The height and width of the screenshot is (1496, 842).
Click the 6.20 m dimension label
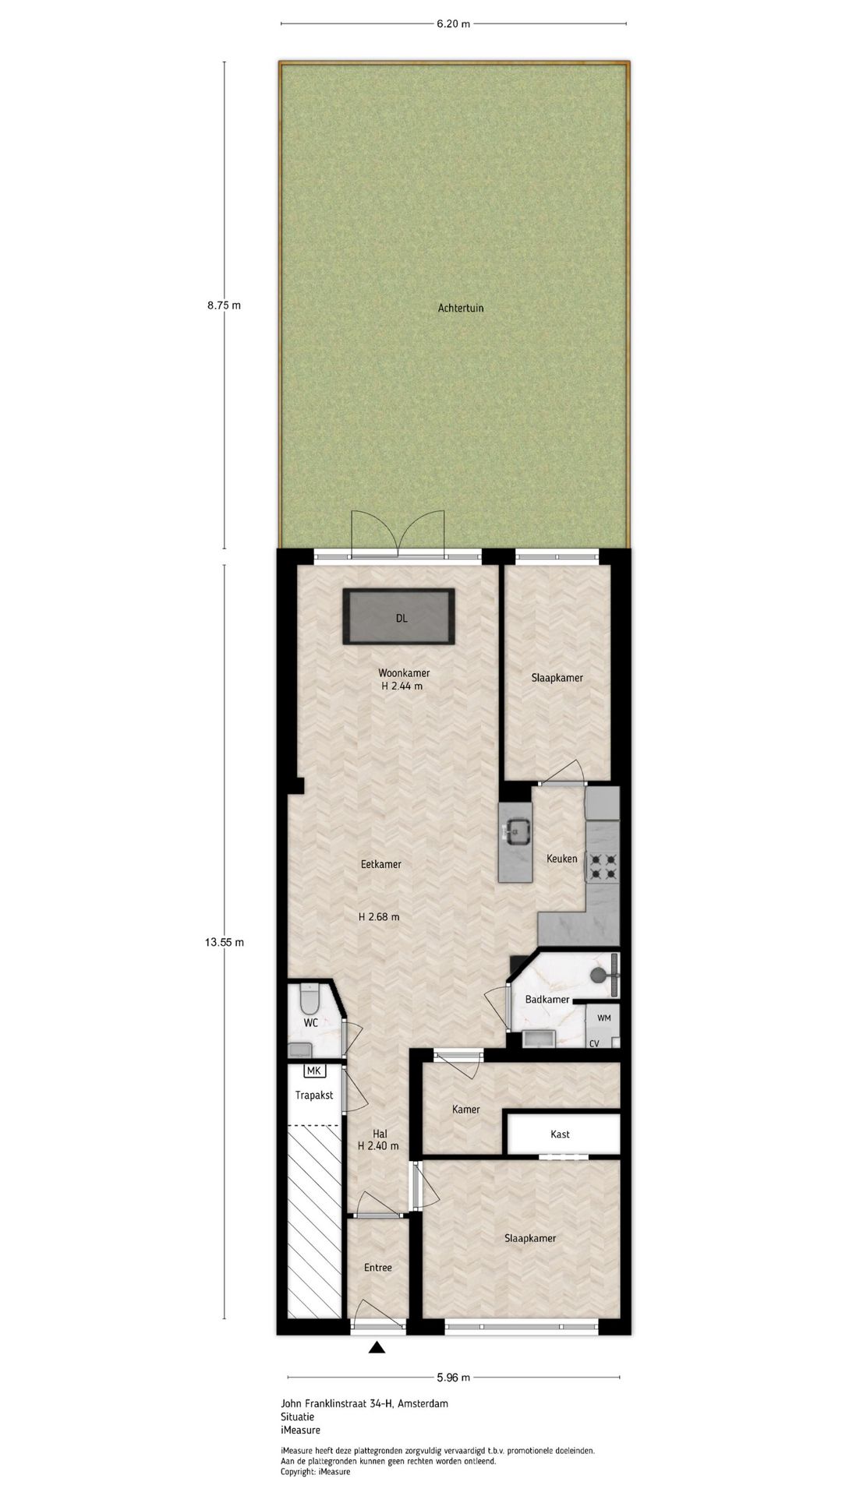[453, 23]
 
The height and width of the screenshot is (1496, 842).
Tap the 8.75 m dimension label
[224, 305]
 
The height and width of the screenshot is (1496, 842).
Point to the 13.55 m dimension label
[225, 942]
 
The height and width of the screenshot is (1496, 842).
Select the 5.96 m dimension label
[453, 1377]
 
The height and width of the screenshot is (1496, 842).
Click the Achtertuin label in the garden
[461, 308]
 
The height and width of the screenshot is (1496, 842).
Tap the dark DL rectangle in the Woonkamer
[401, 617]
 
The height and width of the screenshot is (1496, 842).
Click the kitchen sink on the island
[515, 831]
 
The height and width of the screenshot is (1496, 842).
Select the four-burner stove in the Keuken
[603, 866]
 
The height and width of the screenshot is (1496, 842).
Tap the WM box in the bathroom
[604, 1018]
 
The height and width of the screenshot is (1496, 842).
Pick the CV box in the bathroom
[594, 1043]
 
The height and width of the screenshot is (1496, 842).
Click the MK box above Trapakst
[313, 1071]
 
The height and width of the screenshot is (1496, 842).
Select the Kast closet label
[560, 1134]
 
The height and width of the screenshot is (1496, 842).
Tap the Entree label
[378, 1268]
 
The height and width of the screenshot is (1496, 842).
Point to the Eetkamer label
[381, 864]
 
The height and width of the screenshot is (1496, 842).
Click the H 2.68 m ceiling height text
[379, 917]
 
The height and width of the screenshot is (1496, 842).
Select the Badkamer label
[547, 1000]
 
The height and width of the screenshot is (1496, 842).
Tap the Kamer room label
[466, 1109]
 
